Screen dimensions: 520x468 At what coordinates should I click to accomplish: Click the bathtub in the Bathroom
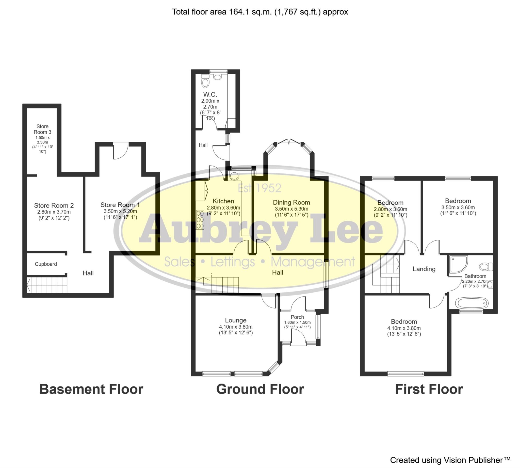(472, 303)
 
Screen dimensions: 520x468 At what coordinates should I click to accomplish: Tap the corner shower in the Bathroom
(459, 264)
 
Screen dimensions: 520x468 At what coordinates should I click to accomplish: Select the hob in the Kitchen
(200, 220)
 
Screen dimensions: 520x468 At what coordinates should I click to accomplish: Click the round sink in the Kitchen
(234, 176)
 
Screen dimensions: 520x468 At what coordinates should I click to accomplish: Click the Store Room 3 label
(42, 129)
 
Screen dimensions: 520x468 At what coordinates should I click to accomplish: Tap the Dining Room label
(291, 202)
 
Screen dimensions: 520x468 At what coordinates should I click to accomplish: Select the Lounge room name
(236, 320)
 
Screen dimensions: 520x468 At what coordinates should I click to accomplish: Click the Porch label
(297, 317)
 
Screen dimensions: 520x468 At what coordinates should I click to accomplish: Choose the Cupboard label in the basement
(46, 264)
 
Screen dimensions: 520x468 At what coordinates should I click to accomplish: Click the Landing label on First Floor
(424, 269)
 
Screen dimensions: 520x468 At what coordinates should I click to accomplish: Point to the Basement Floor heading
(91, 389)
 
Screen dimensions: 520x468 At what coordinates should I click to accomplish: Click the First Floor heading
(429, 389)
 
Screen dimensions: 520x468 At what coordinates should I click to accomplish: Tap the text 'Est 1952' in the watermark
(259, 188)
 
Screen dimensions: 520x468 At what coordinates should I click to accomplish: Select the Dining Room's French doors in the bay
(289, 141)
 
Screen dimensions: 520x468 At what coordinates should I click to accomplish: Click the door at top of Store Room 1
(121, 151)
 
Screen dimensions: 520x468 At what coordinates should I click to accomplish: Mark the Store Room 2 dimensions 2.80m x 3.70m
(54, 212)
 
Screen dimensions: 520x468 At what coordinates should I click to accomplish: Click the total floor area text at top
(260, 12)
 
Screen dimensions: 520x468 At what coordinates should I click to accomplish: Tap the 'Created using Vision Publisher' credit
(450, 460)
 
